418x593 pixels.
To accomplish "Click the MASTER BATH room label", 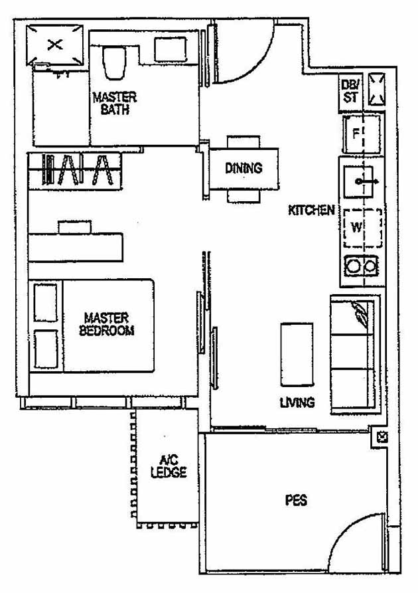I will coord(114,103).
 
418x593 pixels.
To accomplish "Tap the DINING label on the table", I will coord(243,168).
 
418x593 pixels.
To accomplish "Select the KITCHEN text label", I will coord(311,211).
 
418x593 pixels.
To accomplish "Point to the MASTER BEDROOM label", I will coord(106,325).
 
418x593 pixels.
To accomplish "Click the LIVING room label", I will coord(297,402).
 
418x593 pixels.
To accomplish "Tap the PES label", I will coord(296,500).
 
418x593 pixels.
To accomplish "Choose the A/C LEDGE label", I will coord(169,466).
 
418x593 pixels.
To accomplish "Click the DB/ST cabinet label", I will coord(350,91).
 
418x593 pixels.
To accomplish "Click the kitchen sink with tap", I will coord(362,179).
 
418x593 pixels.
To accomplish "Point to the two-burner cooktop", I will coord(362,267).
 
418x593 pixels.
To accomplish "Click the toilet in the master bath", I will coord(114,62).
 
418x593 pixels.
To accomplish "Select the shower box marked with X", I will coord(56,45).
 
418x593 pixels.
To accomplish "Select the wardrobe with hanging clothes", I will coord(74,169).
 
